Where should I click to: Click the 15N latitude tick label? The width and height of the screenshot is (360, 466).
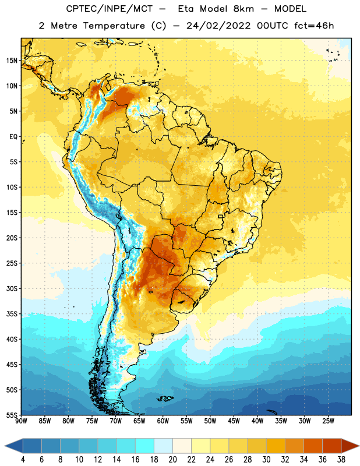(12, 61)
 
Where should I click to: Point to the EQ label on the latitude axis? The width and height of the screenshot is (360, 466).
(13, 137)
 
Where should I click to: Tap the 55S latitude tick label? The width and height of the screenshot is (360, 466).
(12, 415)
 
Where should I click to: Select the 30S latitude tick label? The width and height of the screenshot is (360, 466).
(12, 288)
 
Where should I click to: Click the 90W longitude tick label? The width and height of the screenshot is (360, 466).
(21, 421)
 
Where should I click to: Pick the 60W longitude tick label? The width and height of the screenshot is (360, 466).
(163, 421)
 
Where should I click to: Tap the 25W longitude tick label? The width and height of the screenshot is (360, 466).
(328, 421)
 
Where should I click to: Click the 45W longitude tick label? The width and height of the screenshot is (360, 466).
(234, 421)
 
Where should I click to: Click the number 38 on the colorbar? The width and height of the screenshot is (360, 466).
(341, 460)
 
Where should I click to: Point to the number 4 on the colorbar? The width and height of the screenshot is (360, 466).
(23, 460)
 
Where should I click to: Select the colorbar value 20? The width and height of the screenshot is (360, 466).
(172, 460)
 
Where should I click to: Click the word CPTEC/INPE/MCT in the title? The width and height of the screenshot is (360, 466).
(110, 9)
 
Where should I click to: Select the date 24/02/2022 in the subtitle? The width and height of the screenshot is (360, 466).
(219, 26)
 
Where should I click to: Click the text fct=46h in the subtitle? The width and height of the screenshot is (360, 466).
(314, 26)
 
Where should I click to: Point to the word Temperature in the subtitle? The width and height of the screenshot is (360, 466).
(114, 26)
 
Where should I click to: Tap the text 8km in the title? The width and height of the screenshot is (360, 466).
(243, 9)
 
